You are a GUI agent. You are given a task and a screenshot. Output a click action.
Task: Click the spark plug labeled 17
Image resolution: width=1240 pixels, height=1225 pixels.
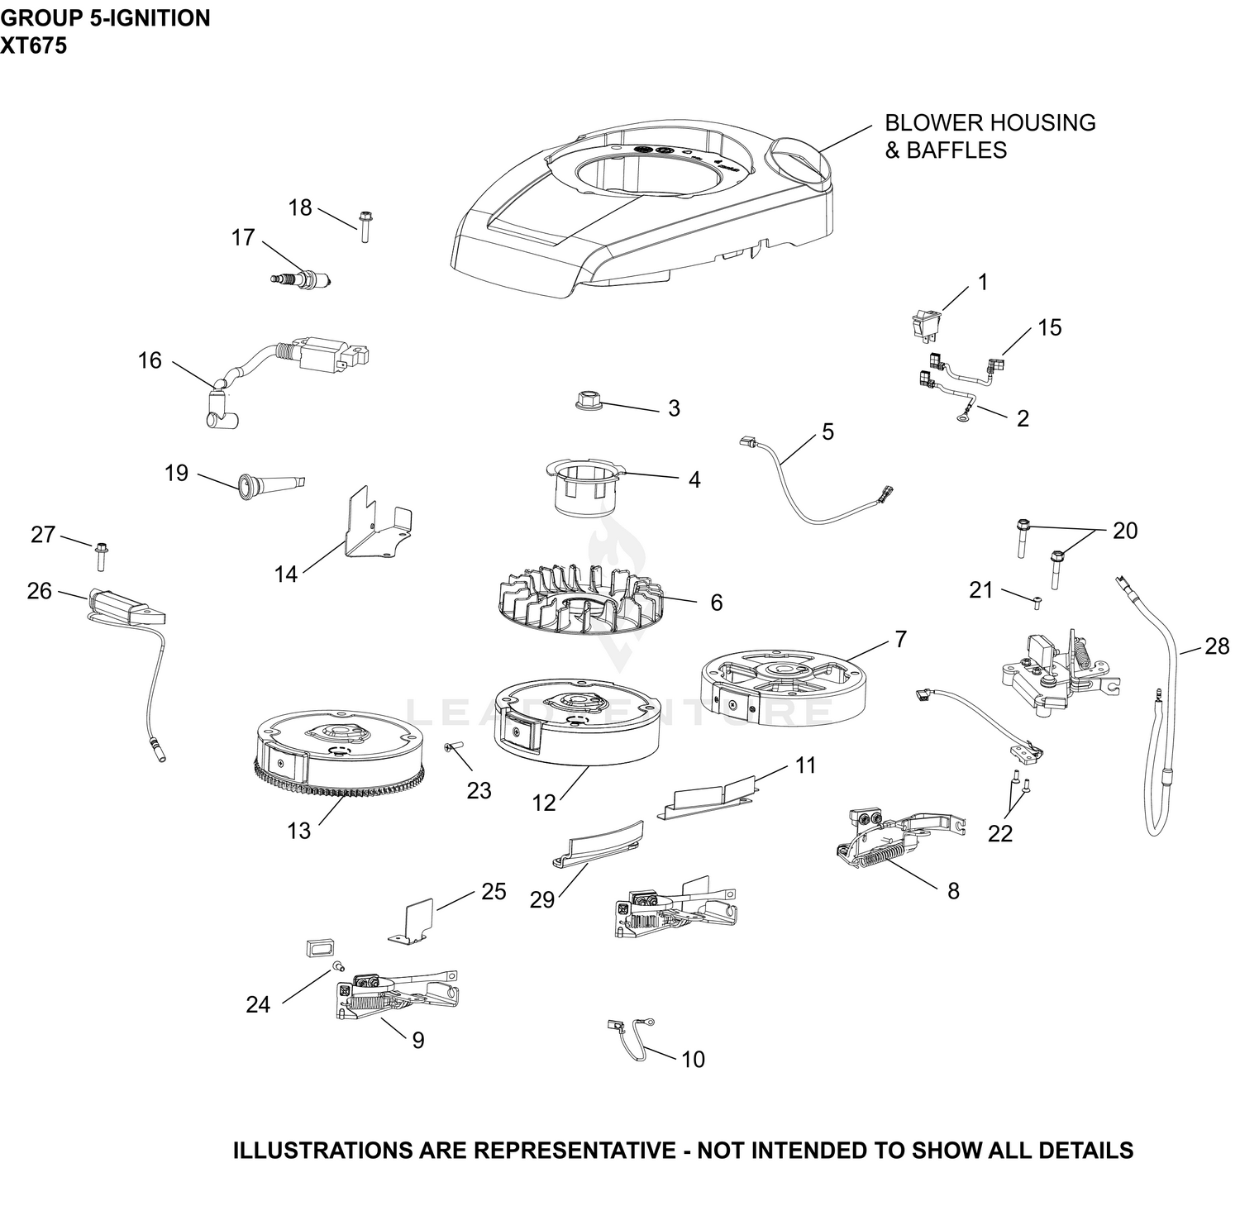(303, 280)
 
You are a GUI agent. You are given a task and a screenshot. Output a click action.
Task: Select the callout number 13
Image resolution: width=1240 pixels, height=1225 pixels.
(298, 830)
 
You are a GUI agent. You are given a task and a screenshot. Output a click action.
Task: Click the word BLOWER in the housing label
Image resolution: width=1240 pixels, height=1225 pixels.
(932, 122)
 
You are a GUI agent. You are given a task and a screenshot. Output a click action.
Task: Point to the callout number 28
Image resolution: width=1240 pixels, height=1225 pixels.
(1217, 646)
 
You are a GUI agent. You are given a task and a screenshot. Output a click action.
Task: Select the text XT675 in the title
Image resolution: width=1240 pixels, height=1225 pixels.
(34, 45)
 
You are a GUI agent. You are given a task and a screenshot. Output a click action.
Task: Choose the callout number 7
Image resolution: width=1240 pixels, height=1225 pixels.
(899, 639)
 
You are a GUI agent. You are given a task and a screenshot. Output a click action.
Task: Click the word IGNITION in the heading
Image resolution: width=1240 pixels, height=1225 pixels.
(157, 17)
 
